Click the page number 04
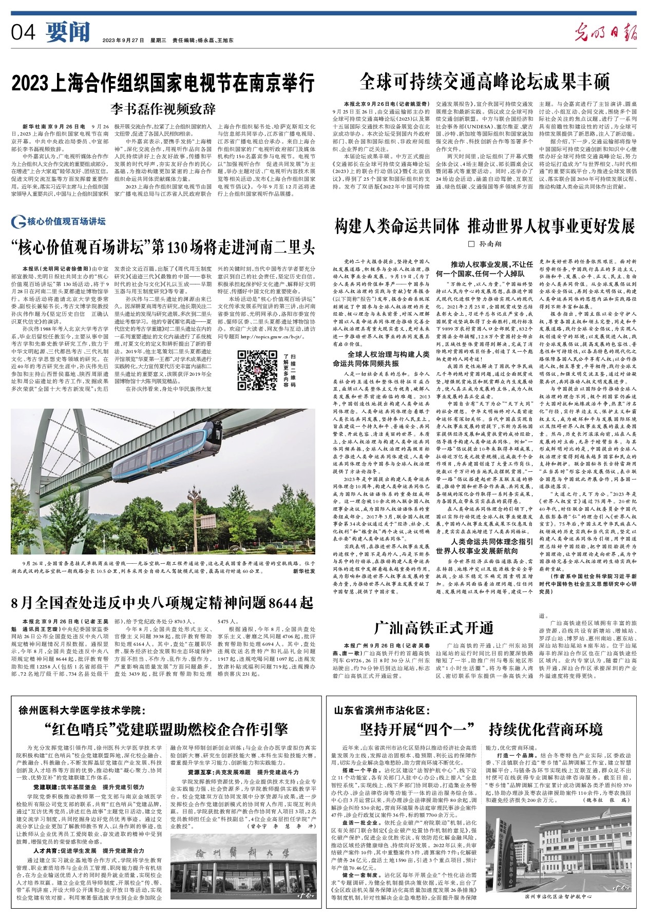tap(23, 33)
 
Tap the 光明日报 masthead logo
tap(605, 33)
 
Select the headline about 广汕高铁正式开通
tap(433, 627)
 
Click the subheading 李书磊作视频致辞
tap(163, 109)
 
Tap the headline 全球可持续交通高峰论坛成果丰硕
tap(484, 81)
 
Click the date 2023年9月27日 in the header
tap(123, 40)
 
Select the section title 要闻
tap(67, 33)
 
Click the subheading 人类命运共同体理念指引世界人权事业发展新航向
tap(484, 546)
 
